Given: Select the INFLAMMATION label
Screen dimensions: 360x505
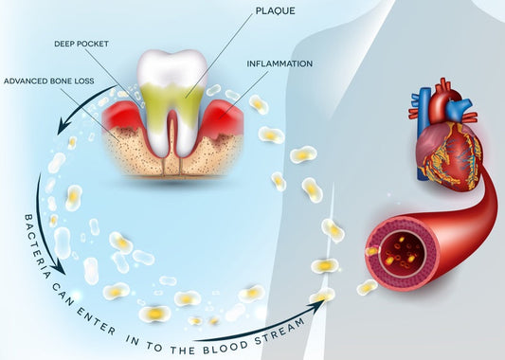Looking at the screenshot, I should pyautogui.click(x=280, y=64).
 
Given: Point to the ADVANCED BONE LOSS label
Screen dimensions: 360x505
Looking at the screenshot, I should pyautogui.click(x=47, y=81).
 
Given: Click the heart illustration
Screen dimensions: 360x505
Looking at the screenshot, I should pyautogui.click(x=447, y=142).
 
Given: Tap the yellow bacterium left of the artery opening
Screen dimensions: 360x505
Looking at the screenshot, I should pyautogui.click(x=366, y=286).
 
